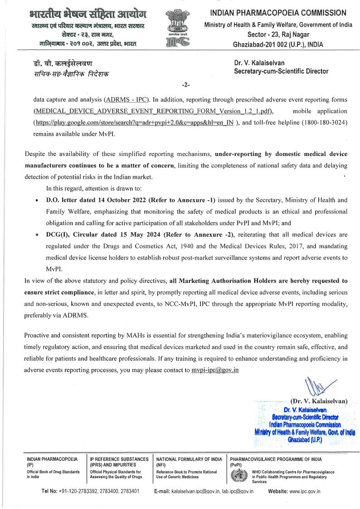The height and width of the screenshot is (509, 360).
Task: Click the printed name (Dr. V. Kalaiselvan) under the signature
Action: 319,401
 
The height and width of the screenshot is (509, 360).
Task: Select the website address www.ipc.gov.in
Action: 304,491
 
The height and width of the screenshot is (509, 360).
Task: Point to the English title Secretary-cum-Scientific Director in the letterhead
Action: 281,71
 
